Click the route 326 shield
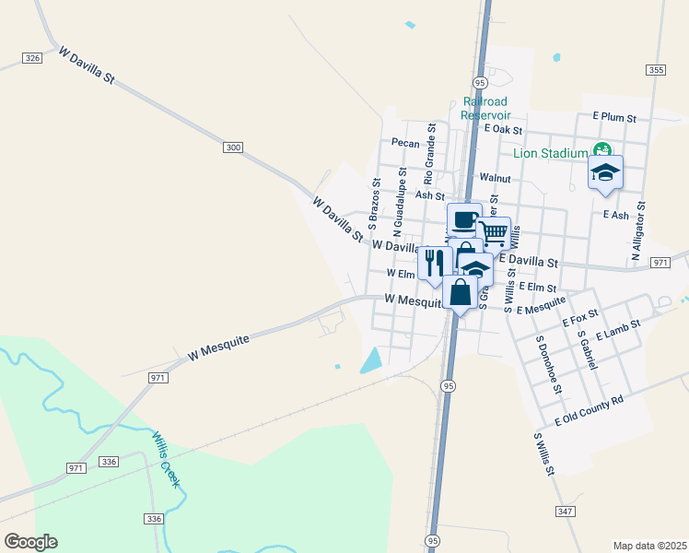32,58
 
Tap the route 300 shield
233,147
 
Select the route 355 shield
656,69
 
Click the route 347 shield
566,511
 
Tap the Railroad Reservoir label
486,108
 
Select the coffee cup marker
464,221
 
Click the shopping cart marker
494,233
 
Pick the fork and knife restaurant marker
434,262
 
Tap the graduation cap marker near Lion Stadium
605,172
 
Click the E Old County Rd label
590,411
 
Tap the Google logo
30,542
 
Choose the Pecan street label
405,143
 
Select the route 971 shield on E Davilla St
660,263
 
